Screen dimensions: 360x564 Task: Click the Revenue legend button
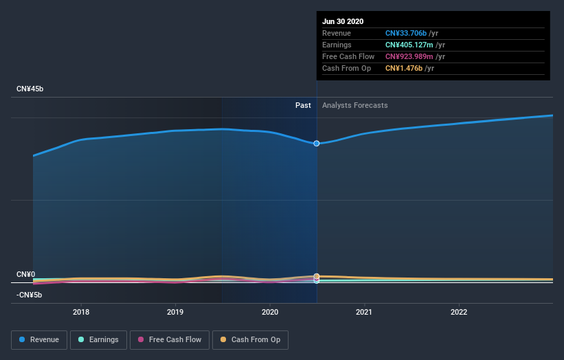point(40,339)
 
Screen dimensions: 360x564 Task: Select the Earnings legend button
point(98,339)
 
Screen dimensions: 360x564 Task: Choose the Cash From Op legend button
point(251,339)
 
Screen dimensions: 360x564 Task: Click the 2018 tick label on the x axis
point(81,312)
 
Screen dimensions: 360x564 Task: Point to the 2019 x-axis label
point(175,312)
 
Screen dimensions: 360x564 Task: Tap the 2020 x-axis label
point(270,312)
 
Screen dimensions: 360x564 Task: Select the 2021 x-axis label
point(364,312)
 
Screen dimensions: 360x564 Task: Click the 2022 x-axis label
point(458,312)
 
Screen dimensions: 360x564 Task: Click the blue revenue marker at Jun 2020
point(317,144)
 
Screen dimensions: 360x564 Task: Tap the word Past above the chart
point(303,105)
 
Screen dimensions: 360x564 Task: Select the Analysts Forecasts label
point(354,105)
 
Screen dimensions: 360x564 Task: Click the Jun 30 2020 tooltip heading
point(343,21)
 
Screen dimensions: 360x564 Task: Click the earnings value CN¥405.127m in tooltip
point(410,45)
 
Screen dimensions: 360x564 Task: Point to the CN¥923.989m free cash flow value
point(410,56)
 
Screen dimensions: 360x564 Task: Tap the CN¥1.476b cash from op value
point(404,68)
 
